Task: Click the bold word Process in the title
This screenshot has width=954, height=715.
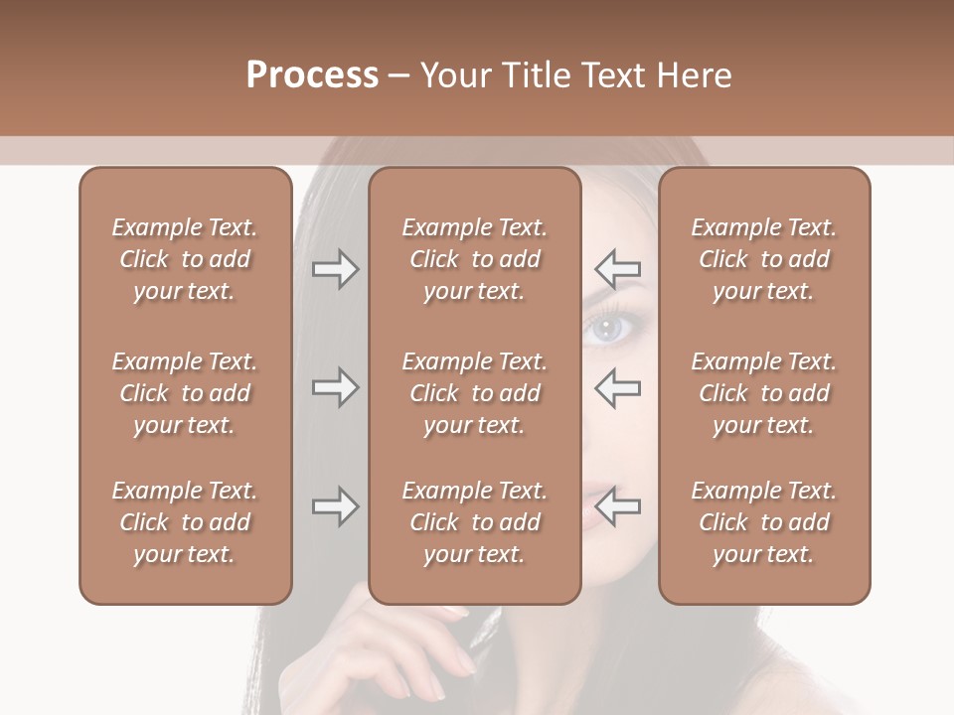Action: (x=311, y=75)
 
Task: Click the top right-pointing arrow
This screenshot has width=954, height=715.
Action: (x=335, y=268)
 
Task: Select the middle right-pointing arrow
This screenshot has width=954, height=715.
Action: (x=335, y=387)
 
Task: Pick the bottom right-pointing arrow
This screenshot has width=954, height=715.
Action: (x=335, y=506)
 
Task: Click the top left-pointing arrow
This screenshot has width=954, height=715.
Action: (x=618, y=268)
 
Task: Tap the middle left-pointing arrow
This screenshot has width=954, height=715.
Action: (x=618, y=387)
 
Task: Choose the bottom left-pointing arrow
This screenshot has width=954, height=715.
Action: (x=618, y=506)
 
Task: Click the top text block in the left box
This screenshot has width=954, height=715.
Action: (x=185, y=259)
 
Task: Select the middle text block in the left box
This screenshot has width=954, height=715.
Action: (x=185, y=393)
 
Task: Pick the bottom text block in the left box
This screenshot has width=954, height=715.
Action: (x=185, y=522)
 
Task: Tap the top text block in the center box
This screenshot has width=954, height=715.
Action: (x=474, y=259)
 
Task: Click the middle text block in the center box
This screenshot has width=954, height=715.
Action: (x=474, y=393)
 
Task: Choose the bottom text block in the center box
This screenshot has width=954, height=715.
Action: (x=474, y=522)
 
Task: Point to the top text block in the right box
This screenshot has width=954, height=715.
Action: (x=763, y=259)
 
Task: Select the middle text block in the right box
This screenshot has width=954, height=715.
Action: (x=763, y=393)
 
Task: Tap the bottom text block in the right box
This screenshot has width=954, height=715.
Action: (x=763, y=522)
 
